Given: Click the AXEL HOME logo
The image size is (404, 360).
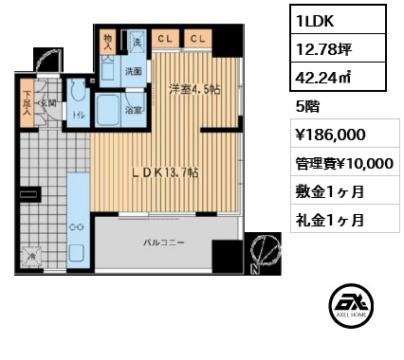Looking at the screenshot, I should [350, 310].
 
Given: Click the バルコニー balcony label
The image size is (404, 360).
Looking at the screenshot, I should [163, 243].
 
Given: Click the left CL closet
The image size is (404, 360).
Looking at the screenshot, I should [165, 38].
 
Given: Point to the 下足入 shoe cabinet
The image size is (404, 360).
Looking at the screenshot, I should [28, 103].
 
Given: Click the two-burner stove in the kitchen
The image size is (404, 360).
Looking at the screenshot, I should [75, 227].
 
